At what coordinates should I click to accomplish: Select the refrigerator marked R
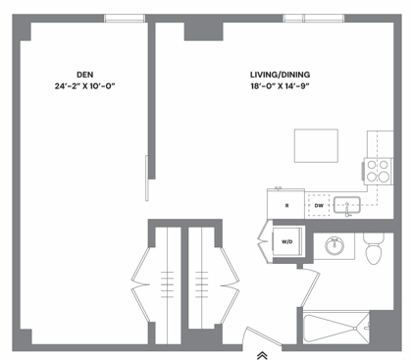point(286,204)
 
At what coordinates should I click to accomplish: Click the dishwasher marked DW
point(319,205)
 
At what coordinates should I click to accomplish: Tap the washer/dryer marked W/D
point(288,241)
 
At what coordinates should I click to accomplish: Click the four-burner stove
point(378,171)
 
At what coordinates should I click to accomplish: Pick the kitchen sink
point(347,205)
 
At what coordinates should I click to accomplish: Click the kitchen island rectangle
point(316,145)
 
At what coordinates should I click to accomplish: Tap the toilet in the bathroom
point(373,249)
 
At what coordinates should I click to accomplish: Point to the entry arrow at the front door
point(263,354)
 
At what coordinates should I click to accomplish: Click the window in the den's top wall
point(124,18)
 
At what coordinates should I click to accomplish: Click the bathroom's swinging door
point(306,288)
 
